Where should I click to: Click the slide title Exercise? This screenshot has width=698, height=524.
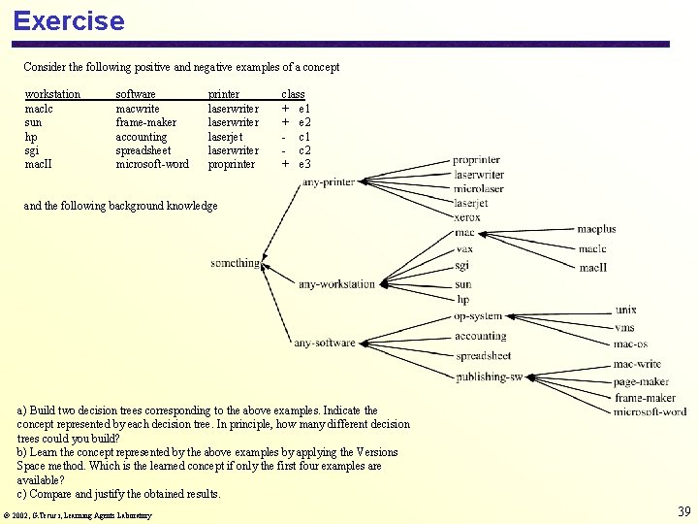point(69,20)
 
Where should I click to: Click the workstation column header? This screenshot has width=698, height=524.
point(52,94)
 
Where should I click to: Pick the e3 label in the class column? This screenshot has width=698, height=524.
point(304,164)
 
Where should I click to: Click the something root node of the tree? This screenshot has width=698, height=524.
point(235,263)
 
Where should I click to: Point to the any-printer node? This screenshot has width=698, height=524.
point(329,181)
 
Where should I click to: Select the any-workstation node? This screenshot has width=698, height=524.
point(336,284)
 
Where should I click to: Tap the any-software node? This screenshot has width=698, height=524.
point(325,343)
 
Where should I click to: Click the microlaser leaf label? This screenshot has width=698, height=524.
point(479,189)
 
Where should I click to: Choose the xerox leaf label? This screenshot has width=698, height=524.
point(467,217)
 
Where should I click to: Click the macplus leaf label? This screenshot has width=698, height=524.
point(596,230)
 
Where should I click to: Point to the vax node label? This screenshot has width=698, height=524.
point(464,249)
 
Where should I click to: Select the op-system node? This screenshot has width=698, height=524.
point(478,316)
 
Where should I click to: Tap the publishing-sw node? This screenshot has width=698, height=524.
point(489,377)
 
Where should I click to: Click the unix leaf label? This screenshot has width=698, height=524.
point(626,310)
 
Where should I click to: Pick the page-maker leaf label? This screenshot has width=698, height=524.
point(641,382)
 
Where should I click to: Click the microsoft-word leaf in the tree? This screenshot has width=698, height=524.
point(650,411)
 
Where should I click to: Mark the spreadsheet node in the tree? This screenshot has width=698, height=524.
point(483,356)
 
